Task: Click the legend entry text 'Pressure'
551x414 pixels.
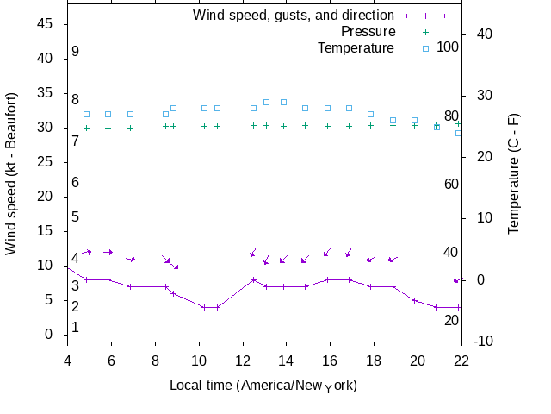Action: coord(368,31)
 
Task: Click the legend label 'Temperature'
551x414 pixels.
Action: coord(356,47)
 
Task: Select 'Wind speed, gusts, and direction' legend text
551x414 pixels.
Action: coord(294,15)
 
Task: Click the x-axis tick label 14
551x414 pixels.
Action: coord(287,361)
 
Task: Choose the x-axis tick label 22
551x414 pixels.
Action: coord(461,361)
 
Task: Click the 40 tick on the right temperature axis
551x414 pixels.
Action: coord(484,34)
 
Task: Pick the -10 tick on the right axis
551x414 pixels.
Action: coord(484,342)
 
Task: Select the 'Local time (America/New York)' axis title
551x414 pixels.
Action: coord(263,385)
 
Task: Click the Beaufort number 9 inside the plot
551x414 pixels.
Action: coord(76,52)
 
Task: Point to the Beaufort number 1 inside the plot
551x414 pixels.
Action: coord(76,328)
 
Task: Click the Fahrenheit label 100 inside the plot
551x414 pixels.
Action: coord(448,47)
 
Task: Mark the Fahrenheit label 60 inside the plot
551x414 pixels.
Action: coord(451,184)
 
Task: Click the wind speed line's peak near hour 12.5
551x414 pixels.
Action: coord(253,279)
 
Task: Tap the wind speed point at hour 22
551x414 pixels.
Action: coord(460,307)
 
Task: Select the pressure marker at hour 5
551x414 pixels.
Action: coord(86,128)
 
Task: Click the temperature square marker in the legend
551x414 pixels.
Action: coord(424,47)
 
